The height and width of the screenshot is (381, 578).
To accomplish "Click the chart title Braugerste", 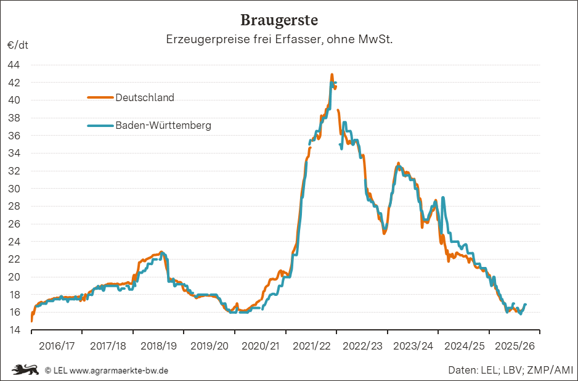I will point(279,20).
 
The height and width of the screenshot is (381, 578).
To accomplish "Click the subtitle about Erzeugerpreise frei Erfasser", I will point(279,39).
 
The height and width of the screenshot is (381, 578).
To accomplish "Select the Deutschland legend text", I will point(145,97).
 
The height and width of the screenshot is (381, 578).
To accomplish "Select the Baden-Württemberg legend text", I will point(163,125).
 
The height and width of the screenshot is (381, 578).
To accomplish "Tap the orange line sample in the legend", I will point(100,97).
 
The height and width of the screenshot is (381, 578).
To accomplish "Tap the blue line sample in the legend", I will point(100,125).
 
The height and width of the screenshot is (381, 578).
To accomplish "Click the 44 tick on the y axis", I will point(14,65).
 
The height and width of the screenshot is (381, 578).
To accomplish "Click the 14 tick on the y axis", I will point(14,330).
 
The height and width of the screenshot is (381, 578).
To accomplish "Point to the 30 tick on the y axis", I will point(14,189).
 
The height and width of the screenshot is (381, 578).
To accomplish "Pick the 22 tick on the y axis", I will point(14,260).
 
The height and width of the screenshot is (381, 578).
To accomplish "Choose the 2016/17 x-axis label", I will point(57,346).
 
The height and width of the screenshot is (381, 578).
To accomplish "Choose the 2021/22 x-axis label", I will point(311,346).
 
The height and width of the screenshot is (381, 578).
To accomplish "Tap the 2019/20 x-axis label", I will point(210,346).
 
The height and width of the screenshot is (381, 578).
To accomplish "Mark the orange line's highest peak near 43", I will point(332,75).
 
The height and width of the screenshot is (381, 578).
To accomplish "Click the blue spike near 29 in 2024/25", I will point(443,198).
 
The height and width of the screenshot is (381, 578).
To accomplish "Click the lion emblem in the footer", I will point(25,370).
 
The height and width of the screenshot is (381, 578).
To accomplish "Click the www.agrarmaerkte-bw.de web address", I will point(120,371).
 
